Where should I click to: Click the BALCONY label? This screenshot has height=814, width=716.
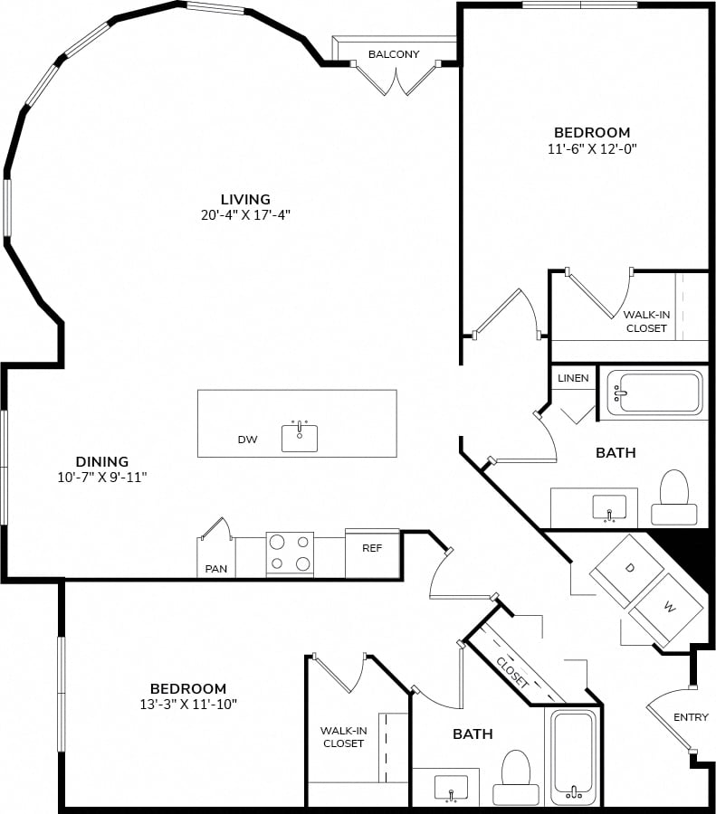(x=394, y=54)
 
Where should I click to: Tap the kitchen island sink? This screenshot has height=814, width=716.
(x=300, y=438)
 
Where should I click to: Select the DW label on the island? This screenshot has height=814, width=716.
(x=247, y=440)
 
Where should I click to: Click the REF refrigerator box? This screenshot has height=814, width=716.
(x=373, y=553)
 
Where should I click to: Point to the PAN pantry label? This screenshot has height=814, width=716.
(x=216, y=569)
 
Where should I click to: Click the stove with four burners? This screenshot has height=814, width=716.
(x=290, y=554)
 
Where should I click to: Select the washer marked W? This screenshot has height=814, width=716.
(x=668, y=608)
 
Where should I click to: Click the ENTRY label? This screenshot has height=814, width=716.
(x=691, y=717)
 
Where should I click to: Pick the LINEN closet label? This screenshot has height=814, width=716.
(x=573, y=378)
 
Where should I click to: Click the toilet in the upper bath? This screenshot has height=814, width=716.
(x=674, y=497)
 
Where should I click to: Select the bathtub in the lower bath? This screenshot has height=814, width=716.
(x=574, y=757)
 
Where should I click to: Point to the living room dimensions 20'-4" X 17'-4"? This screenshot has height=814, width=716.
(x=245, y=215)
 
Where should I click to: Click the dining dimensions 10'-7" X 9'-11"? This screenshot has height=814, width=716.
(x=102, y=477)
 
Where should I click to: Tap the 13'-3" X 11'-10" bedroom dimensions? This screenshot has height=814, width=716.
(x=188, y=705)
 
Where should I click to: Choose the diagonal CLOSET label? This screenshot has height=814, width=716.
(x=512, y=672)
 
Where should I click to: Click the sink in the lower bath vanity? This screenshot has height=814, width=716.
(x=451, y=788)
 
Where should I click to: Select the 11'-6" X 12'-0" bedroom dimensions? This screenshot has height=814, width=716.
(x=592, y=149)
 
